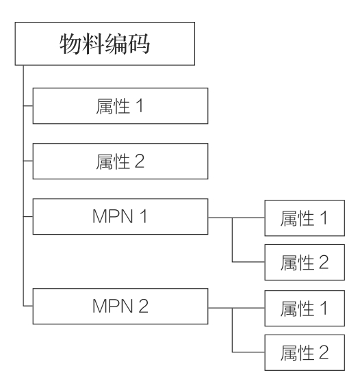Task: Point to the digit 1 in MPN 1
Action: (143, 216)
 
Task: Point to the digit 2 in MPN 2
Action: (143, 306)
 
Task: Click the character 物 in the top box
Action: (70, 44)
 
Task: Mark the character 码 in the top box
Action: (139, 44)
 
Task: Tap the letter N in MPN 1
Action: (127, 216)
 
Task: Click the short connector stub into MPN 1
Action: (28, 217)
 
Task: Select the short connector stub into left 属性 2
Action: (28, 161)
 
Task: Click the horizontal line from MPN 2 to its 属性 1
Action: (236, 308)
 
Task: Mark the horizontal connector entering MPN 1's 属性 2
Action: (248, 262)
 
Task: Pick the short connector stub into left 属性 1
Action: (28, 105)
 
